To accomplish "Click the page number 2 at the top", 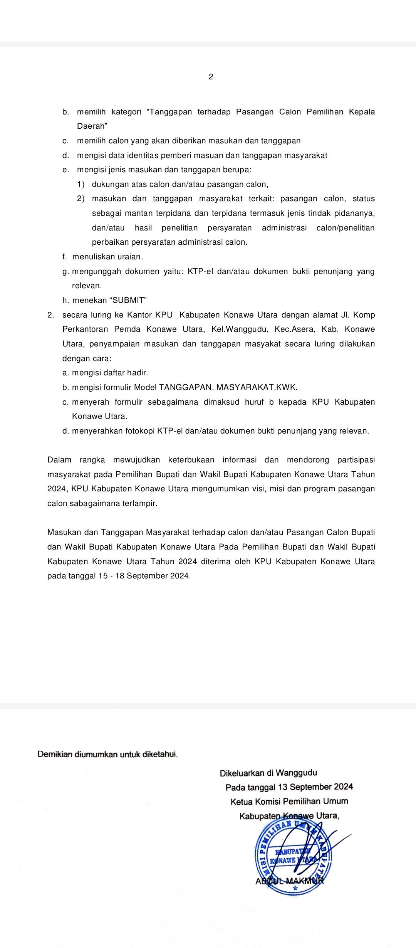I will click(x=211, y=77).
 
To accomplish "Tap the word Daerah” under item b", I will click(x=92, y=126).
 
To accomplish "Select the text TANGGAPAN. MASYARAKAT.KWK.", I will click(x=228, y=387).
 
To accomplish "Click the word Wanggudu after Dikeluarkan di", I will click(x=297, y=773).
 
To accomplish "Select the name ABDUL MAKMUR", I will click(x=290, y=881).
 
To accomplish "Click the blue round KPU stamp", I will click(x=294, y=857).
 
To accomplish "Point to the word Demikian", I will click(x=55, y=754).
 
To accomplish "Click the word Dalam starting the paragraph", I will click(x=59, y=460).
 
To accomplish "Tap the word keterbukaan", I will click(x=191, y=460).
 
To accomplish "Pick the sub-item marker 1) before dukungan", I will click(x=81, y=184).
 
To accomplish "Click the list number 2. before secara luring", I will click(x=50, y=315).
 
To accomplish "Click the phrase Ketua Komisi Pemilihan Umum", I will click(x=289, y=801).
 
